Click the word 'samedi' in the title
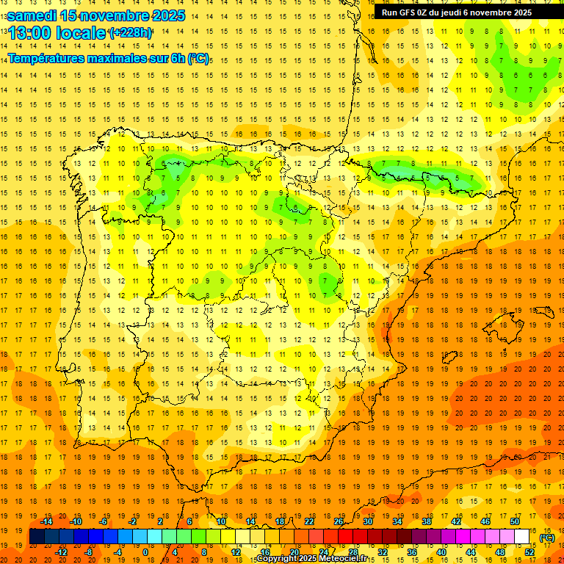[x=32, y=15]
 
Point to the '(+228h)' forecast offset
[x=131, y=33]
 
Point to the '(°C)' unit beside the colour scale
[x=546, y=538]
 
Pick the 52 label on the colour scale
[x=529, y=552]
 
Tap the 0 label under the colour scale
[x=145, y=552]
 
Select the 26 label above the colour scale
[x=339, y=521]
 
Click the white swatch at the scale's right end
[x=521, y=537]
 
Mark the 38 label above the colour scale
[x=427, y=521]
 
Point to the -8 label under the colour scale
[x=89, y=552]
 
